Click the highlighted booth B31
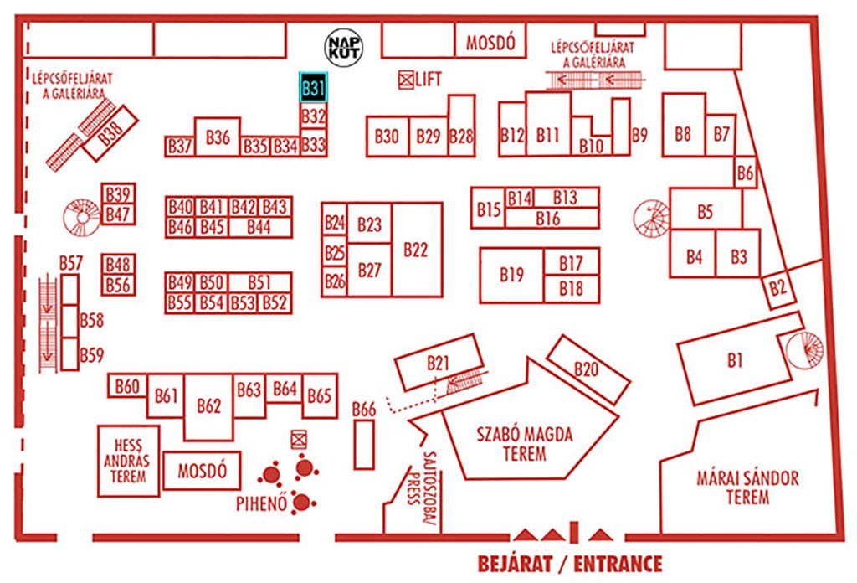click(x=313, y=87)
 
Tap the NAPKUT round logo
click(x=344, y=48)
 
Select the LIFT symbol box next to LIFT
click(x=406, y=80)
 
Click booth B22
click(x=417, y=250)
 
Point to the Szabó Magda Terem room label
click(x=524, y=444)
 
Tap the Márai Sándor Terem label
click(x=747, y=488)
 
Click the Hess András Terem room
click(x=128, y=461)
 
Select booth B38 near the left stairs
click(x=110, y=133)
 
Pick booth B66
click(x=364, y=444)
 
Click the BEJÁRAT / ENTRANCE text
click(x=570, y=564)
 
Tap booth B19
click(x=511, y=275)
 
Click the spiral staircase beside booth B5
click(x=651, y=219)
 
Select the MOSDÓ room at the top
click(x=490, y=40)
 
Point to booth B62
click(x=208, y=407)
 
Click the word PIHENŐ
click(x=261, y=503)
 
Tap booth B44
click(x=260, y=227)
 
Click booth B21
click(x=439, y=362)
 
